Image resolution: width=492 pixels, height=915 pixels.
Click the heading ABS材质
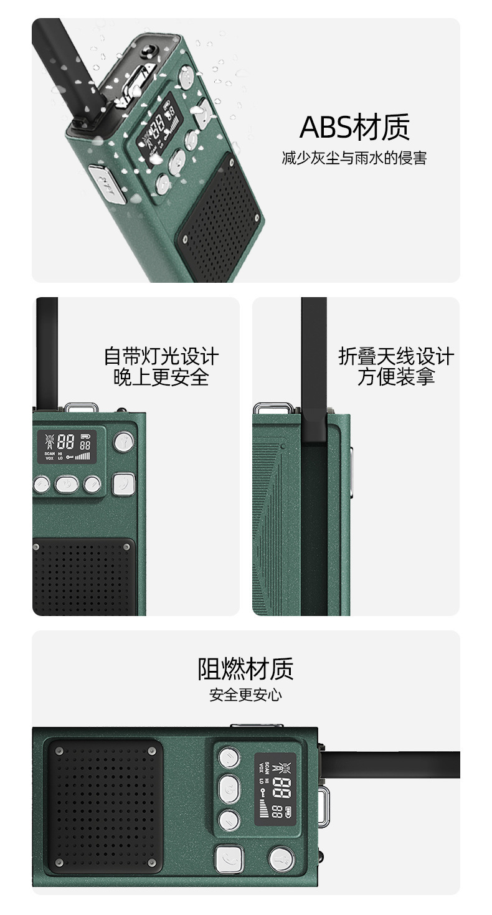tap(354, 127)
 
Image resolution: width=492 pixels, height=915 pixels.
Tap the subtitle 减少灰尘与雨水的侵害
tap(354, 158)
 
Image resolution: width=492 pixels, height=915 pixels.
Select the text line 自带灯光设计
tap(161, 356)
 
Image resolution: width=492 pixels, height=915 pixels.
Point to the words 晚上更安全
tap(161, 377)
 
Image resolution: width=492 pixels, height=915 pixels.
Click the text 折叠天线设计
tap(396, 356)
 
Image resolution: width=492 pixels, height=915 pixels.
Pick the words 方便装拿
tap(396, 377)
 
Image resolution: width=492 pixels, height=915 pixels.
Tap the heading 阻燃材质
tap(245, 669)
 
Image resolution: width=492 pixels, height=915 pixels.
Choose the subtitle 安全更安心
tap(245, 695)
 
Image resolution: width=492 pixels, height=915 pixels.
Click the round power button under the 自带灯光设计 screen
tap(67, 483)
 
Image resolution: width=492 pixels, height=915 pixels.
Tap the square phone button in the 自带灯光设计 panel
tap(123, 484)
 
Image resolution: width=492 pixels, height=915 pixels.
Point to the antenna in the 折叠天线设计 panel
tap(314, 367)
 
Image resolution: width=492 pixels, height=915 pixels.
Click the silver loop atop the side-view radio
tap(273, 408)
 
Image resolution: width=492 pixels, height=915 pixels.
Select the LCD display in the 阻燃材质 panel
tap(275, 789)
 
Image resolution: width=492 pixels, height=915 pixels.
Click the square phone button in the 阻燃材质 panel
tap(227, 860)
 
